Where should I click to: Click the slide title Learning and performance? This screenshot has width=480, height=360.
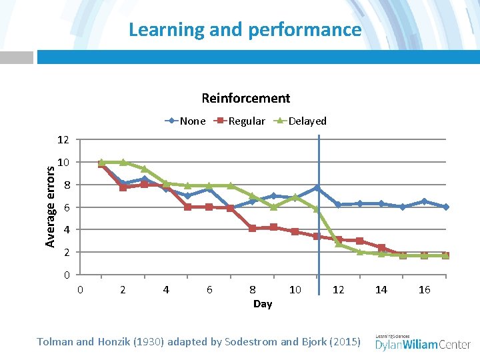coord(245,29)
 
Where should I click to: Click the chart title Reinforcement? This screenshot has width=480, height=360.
coord(245,98)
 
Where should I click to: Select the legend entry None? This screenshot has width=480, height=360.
coord(192,121)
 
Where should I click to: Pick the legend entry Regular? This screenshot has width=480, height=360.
coord(246,121)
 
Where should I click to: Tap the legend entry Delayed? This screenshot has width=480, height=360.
coord(307,121)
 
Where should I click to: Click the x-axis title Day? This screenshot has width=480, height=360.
coord(262,304)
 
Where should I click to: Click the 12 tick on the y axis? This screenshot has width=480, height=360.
coord(63,140)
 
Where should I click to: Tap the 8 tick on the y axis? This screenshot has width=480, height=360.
coord(65,185)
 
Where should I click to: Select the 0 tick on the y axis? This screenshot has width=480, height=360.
coord(65,275)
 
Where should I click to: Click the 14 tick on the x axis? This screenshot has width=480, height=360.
coord(381,289)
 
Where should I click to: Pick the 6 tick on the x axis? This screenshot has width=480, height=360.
coord(209,289)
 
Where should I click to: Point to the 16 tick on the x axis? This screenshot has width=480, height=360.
coord(424,289)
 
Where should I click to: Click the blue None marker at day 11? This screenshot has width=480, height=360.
coord(317,188)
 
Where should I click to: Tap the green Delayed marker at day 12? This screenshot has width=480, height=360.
coord(339,244)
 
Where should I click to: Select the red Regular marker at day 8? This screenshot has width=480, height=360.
coord(252,228)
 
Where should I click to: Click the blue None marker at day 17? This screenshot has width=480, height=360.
coord(445,207)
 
